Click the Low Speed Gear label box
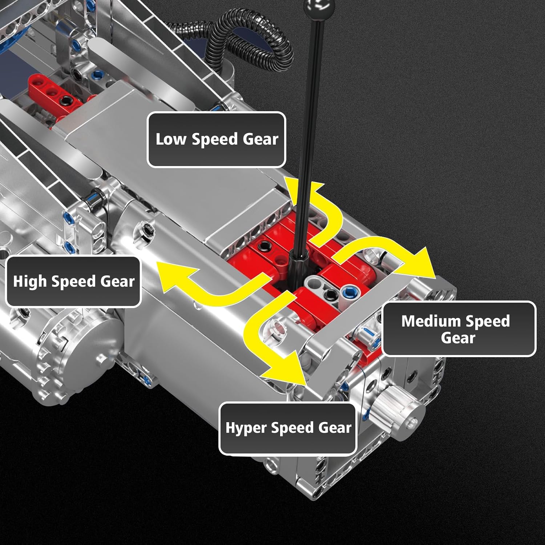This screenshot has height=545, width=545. pyautogui.click(x=217, y=140)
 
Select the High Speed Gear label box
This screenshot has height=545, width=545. pyautogui.click(x=73, y=282)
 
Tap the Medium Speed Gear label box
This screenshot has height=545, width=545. pyautogui.click(x=459, y=329)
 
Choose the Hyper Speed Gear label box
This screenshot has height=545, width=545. pyautogui.click(x=288, y=428)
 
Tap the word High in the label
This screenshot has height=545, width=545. pyautogui.click(x=30, y=282)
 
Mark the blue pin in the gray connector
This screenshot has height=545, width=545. pyautogui.click(x=349, y=291)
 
